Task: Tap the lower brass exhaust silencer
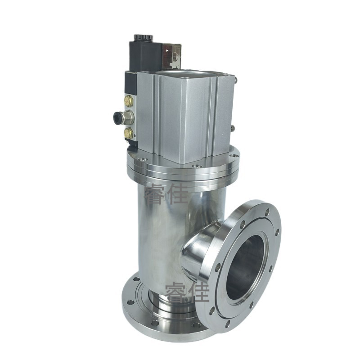(x=128, y=132)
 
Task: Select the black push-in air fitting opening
(x=117, y=117)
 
